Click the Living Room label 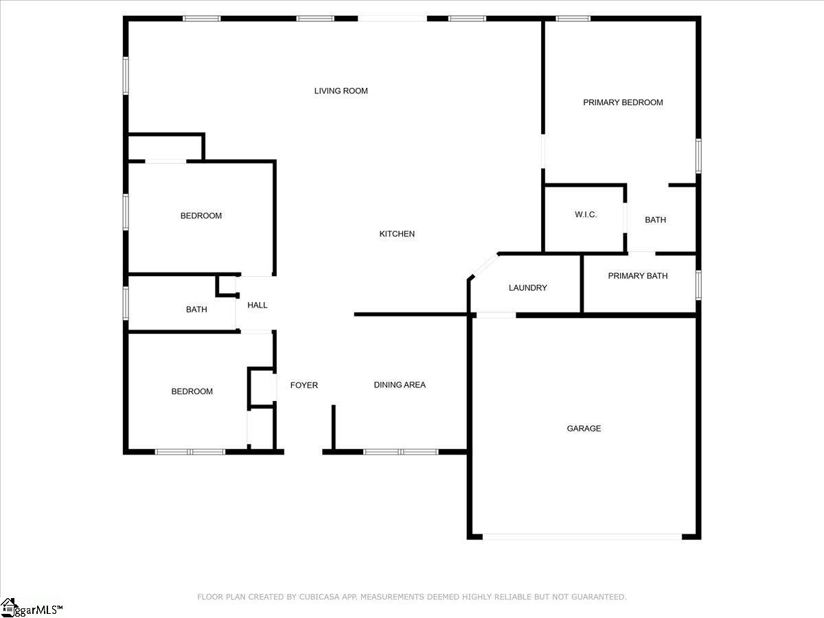(341, 91)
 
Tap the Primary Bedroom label (623, 102)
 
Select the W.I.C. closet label (586, 215)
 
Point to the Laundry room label (527, 288)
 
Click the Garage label (584, 428)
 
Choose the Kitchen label (397, 234)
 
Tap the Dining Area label (400, 385)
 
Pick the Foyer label (304, 385)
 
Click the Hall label (257, 305)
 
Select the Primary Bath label (637, 276)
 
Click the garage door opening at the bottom (582, 536)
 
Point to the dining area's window (400, 452)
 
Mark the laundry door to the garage (496, 315)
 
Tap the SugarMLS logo (32, 608)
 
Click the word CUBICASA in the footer (317, 597)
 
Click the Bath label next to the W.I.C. (655, 220)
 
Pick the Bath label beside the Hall (196, 310)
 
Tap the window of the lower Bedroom (190, 452)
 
